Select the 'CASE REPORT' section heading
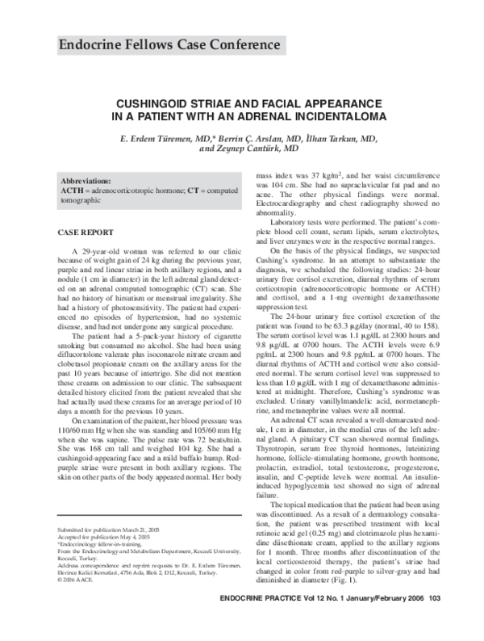(83, 232)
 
